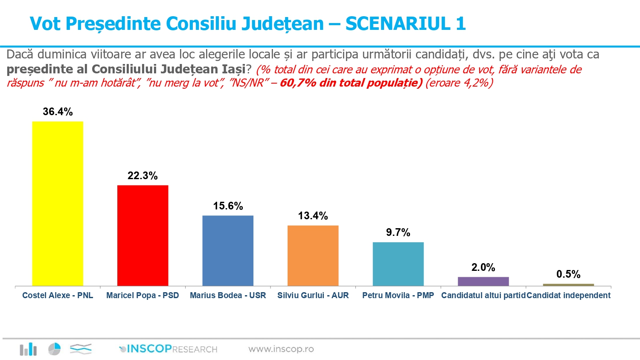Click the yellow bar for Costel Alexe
pyautogui.click(x=58, y=203)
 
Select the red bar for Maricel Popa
pyautogui.click(x=143, y=235)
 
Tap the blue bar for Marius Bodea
pyautogui.click(x=228, y=250)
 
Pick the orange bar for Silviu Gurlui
pyautogui.click(x=313, y=255)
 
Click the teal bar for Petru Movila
pyautogui.click(x=398, y=264)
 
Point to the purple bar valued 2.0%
pyautogui.click(x=483, y=282)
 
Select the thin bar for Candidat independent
pyautogui.click(x=568, y=285)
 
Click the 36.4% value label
pyautogui.click(x=58, y=112)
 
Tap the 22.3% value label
pyautogui.click(x=143, y=176)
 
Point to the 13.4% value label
pyautogui.click(x=313, y=216)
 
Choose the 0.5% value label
pyautogui.click(x=568, y=274)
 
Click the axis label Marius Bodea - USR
pyautogui.click(x=228, y=295)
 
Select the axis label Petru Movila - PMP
pyautogui.click(x=398, y=295)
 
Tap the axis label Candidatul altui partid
pyautogui.click(x=483, y=295)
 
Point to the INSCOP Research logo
pyautogui.click(x=169, y=349)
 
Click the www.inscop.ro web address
pyautogui.click(x=281, y=349)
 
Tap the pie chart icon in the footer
pyautogui.click(x=54, y=349)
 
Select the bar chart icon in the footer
pyautogui.click(x=28, y=349)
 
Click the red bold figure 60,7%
pyautogui.click(x=297, y=83)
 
